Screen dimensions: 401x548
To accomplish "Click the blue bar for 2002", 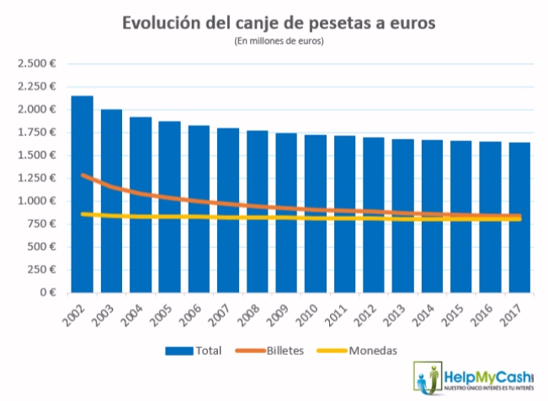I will (82, 193).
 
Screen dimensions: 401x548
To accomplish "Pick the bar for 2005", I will (169, 206).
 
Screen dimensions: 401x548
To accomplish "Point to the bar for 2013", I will (403, 215).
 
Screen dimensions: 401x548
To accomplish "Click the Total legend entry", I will (194, 351).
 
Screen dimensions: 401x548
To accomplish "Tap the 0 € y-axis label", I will (45, 293).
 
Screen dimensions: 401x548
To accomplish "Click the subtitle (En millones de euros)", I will (279, 40).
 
